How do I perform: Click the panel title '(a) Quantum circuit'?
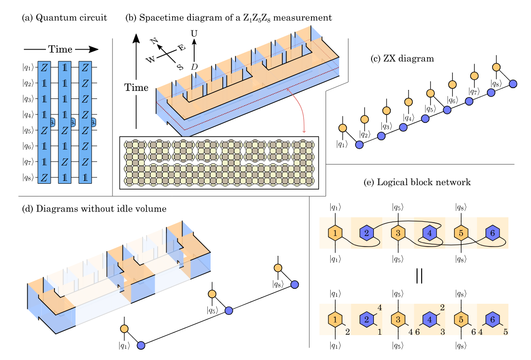coord(64,18)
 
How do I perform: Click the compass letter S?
coord(180,67)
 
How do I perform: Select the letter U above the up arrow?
coord(194,33)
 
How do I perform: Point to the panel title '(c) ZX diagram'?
coord(402,59)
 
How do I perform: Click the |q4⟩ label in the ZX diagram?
coord(409,117)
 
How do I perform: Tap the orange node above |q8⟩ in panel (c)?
coord(496,67)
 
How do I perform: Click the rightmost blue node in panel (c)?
coord(513,84)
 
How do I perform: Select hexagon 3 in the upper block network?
coord(398,233)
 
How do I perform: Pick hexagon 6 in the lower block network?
coord(493,319)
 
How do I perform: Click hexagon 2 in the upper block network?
coord(366,233)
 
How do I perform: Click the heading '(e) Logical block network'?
coord(417,182)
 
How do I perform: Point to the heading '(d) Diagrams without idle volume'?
coord(94,209)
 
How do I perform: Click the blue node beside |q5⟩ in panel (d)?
coord(228,310)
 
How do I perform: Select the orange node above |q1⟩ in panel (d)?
coord(124,329)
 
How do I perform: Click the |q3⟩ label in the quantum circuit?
coord(28,99)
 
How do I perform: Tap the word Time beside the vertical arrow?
coord(137,88)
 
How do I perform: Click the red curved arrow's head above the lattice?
coord(304,131)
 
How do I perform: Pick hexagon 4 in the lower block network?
coord(430,319)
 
